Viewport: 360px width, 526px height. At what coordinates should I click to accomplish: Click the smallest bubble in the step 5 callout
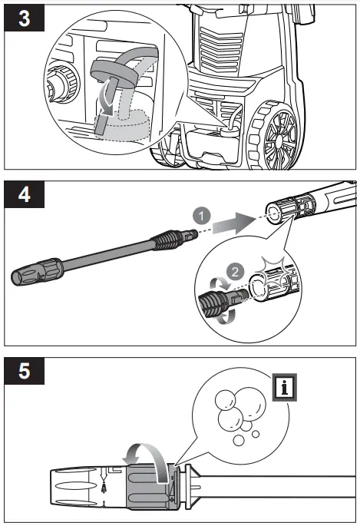[x=256, y=435]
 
